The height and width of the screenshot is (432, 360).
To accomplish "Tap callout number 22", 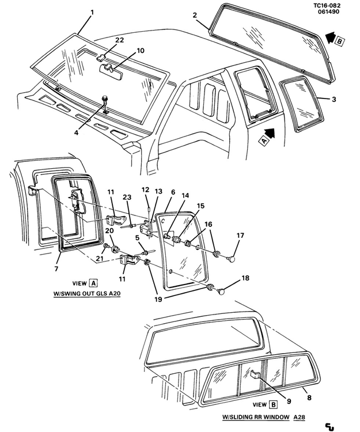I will pyautogui.click(x=119, y=40).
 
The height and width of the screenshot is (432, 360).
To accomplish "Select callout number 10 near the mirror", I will pyautogui.click(x=140, y=51).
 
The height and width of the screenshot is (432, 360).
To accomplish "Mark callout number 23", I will pyautogui.click(x=127, y=198).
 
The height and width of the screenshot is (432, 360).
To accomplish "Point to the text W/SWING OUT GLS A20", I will pyautogui.click(x=87, y=293).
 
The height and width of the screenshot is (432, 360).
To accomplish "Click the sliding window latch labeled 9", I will pyautogui.click(x=257, y=376).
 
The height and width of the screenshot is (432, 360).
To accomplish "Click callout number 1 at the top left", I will pyautogui.click(x=92, y=12).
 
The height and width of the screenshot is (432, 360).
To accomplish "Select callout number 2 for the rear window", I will pyautogui.click(x=195, y=15).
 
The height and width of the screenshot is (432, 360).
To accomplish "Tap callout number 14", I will pyautogui.click(x=185, y=196).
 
